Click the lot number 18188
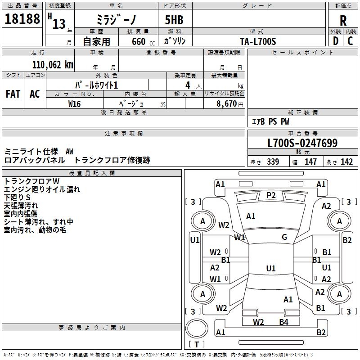click(22, 19)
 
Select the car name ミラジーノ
click(116, 20)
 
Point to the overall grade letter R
click(343, 20)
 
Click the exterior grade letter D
click(335, 40)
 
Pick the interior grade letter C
click(350, 40)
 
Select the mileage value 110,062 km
click(53, 64)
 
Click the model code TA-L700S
click(257, 41)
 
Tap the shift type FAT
click(13, 94)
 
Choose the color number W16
click(75, 103)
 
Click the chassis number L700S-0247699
click(302, 143)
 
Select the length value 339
click(273, 162)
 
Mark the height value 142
click(346, 162)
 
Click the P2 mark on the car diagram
click(271, 195)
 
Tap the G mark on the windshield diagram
click(284, 237)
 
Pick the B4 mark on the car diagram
click(283, 322)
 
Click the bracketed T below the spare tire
click(197, 344)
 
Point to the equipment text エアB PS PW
click(270, 121)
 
